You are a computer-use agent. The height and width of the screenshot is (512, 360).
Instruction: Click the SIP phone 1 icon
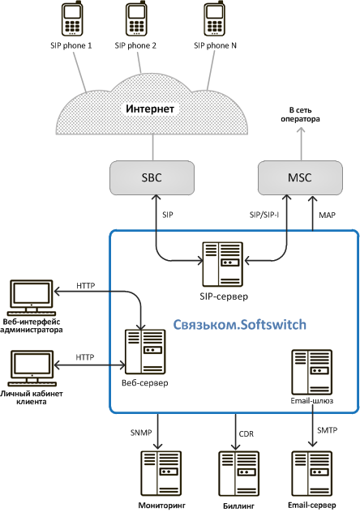click(72, 19)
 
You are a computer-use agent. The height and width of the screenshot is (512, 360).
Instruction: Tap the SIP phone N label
click(215, 45)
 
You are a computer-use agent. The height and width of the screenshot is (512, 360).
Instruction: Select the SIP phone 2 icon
click(135, 19)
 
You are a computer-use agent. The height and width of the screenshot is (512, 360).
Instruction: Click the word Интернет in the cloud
click(150, 109)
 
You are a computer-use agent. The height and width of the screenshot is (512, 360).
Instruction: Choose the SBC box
click(152, 177)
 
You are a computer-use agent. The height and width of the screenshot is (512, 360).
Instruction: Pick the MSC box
click(300, 177)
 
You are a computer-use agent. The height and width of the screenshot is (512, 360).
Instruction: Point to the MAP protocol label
click(327, 215)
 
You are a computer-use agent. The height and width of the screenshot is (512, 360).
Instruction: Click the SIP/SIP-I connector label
click(264, 215)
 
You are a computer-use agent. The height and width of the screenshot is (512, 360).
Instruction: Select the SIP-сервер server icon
click(222, 264)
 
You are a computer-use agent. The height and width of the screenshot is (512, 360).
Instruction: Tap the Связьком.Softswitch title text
click(239, 325)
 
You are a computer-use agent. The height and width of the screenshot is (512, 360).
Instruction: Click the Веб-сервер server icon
click(145, 352)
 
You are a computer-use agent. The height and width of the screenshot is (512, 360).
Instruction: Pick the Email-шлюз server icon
click(311, 372)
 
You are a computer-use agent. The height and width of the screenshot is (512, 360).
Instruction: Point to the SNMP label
click(141, 433)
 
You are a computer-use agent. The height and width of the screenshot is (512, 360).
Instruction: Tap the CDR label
click(246, 434)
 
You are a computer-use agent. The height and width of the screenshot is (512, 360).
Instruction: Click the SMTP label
click(327, 430)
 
